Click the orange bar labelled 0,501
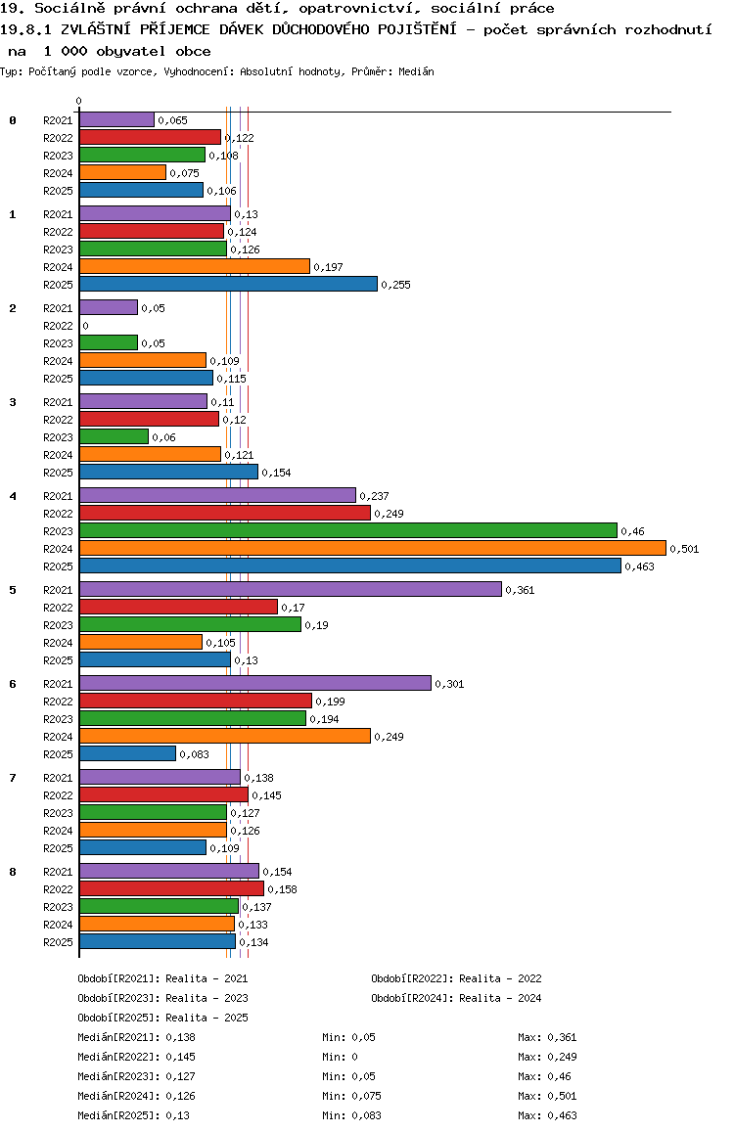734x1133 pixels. point(372,548)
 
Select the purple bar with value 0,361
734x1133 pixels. point(290,589)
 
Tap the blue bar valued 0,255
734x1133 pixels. point(228,284)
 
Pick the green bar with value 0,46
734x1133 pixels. point(347,530)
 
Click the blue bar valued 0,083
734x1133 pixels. point(127,753)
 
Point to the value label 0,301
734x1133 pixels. point(449,684)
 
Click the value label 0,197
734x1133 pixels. point(328,267)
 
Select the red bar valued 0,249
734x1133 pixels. point(224,513)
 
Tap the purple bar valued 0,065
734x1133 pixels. point(116,119)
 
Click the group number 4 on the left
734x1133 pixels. point(13,496)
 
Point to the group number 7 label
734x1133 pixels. point(13,778)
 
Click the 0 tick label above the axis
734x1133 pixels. point(79,101)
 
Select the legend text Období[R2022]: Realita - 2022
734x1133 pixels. point(456,978)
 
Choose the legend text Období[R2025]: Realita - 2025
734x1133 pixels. point(162,1018)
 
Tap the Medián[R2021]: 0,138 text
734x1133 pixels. point(134,1037)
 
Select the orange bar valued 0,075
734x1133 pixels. point(122,172)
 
